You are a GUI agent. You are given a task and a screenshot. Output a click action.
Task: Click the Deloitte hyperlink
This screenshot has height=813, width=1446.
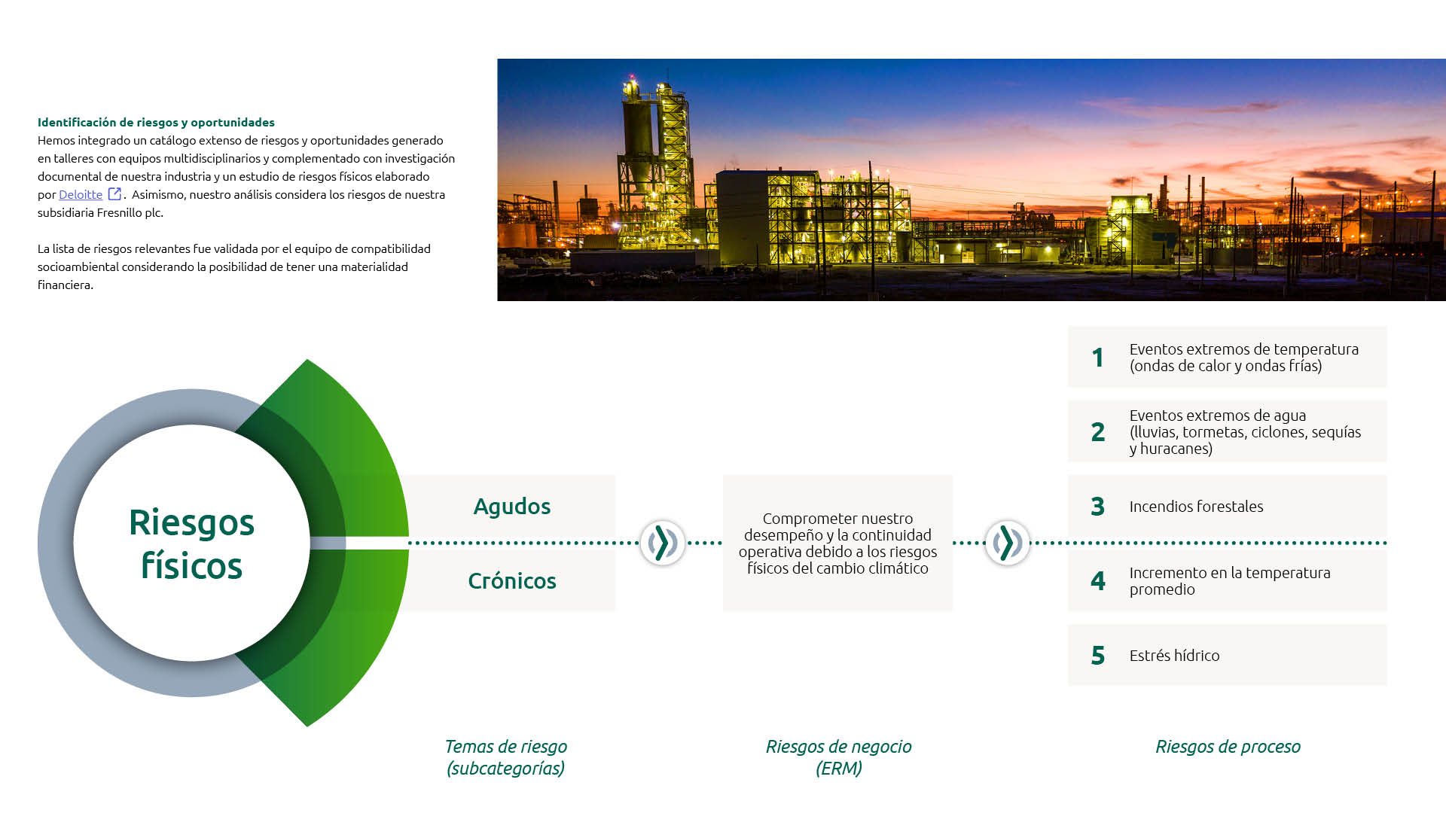(81, 194)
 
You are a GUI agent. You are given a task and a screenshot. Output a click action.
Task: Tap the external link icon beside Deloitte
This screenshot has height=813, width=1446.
(114, 193)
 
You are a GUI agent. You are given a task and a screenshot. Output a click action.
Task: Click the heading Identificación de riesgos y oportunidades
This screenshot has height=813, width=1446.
(156, 122)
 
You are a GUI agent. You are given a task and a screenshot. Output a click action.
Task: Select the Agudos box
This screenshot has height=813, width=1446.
(511, 506)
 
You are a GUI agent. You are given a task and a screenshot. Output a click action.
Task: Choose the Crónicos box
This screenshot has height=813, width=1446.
(511, 580)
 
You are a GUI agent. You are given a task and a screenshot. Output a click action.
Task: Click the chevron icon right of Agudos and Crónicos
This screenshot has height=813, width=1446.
(663, 543)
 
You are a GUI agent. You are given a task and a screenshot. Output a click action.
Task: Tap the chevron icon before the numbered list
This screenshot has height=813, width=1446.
(1007, 543)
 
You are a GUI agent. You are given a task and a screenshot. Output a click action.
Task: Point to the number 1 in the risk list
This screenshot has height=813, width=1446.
(1098, 357)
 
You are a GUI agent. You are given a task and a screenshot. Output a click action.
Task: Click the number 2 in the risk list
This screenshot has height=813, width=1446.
(1098, 431)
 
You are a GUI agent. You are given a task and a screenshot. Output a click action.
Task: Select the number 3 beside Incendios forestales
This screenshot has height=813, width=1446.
(1098, 506)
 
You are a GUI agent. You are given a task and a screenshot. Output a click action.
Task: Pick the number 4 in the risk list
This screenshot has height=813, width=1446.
(1098, 580)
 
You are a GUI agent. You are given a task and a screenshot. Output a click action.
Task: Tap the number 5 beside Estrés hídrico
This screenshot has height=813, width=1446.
(1098, 655)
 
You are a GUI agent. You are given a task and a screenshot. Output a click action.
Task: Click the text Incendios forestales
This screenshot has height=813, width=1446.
(1196, 507)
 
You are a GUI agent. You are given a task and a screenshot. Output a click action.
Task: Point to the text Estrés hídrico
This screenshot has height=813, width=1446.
(1174, 656)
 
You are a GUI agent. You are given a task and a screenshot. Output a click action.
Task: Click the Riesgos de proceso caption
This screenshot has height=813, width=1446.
(1228, 747)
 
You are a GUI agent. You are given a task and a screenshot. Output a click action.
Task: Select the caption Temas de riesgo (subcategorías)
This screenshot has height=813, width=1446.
(505, 757)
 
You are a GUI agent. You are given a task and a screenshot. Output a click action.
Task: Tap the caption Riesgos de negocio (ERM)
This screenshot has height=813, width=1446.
(838, 757)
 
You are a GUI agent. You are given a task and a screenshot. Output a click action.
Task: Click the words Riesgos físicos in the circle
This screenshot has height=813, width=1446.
(191, 544)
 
